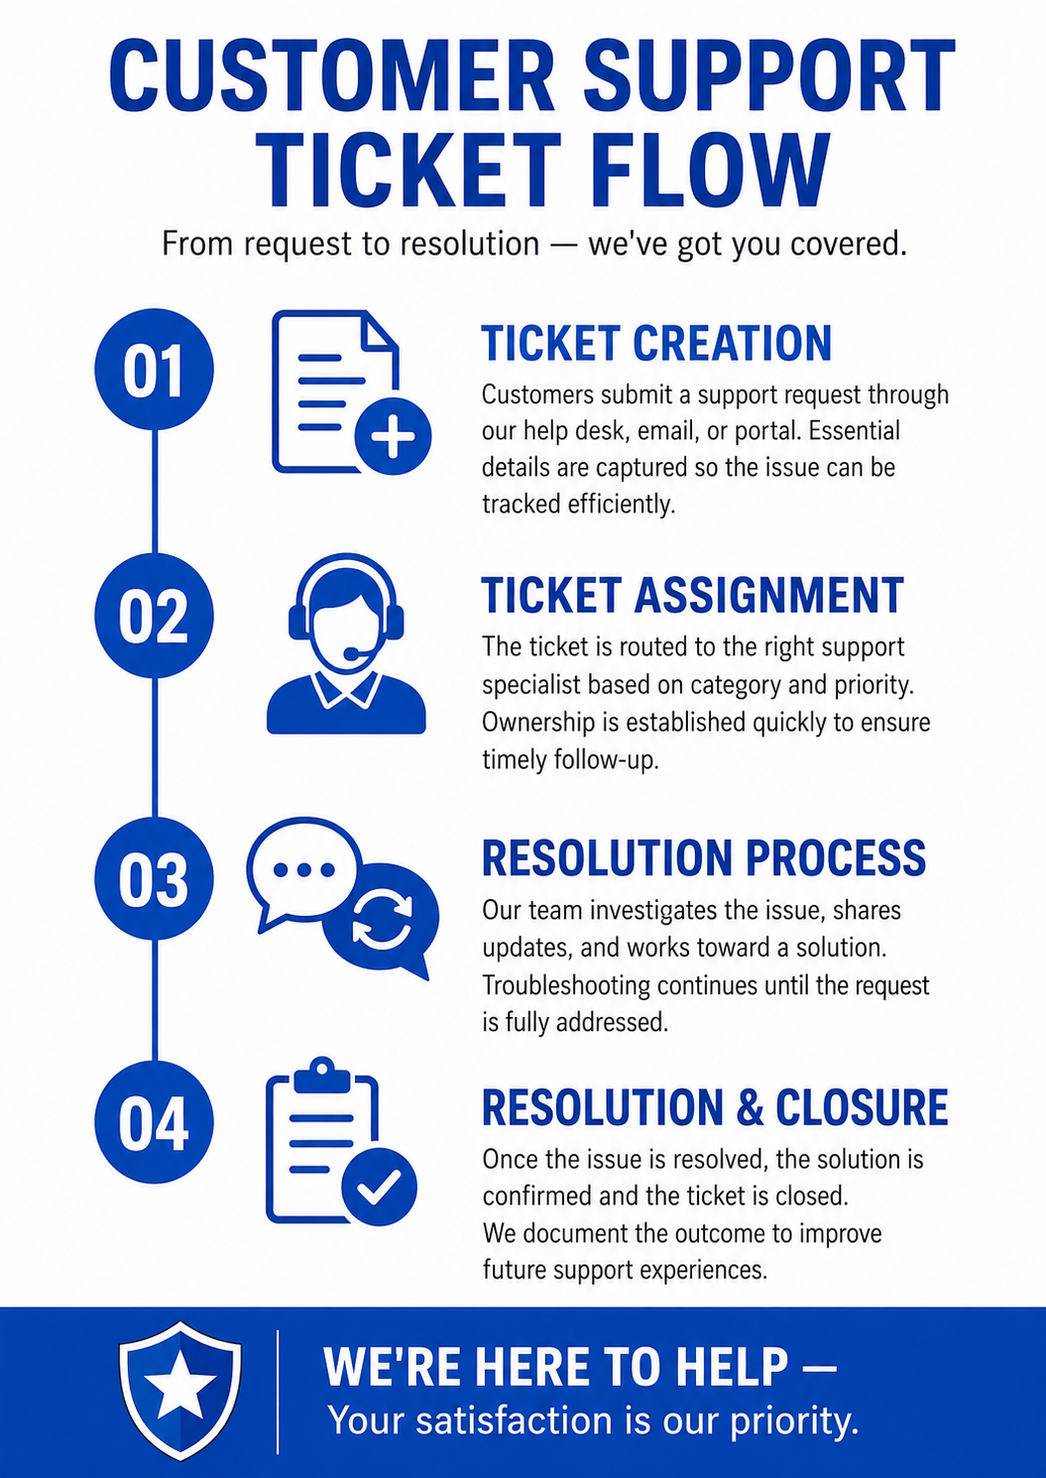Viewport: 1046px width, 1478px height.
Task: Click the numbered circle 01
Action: coord(155,370)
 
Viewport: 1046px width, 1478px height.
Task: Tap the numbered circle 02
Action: coord(155,616)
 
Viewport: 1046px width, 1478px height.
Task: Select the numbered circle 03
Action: coord(155,879)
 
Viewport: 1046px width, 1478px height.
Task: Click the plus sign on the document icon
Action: coord(394,436)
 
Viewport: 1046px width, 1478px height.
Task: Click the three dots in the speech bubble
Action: coord(304,869)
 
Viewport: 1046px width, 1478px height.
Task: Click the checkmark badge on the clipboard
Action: coord(379,1186)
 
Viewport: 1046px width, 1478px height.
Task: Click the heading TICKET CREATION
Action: coord(656,342)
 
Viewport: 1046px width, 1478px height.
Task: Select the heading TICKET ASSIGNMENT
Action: coord(692,595)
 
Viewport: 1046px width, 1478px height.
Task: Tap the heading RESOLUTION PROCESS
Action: coord(704,857)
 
